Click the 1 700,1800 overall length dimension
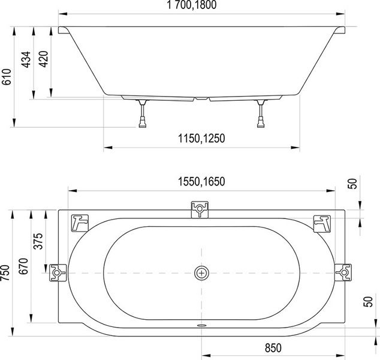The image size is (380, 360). point(192,5)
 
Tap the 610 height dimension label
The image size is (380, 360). point(7,77)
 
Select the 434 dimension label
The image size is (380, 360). point(26,59)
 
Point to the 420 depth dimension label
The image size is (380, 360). point(43,59)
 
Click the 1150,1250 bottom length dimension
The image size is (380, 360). point(201,139)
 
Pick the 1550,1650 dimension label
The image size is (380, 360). point(201,181)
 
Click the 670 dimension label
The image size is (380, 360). point(23,266)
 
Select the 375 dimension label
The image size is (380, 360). point(38,241)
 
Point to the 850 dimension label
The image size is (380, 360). point(273,348)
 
